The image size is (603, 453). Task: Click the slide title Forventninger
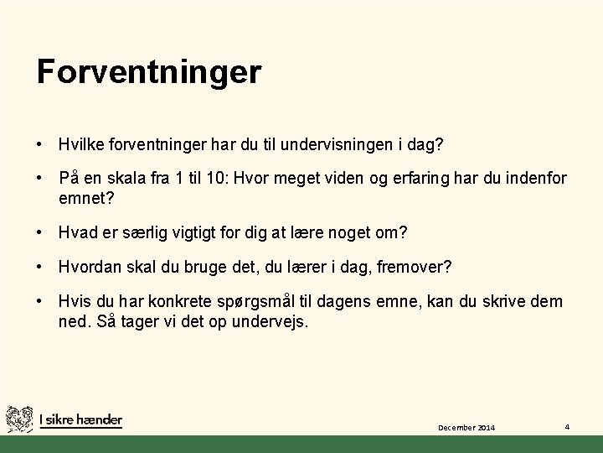pos(149,71)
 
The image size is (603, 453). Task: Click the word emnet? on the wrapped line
pos(86,199)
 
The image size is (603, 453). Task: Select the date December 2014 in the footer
pos(466,428)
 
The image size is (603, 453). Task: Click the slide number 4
pos(567,426)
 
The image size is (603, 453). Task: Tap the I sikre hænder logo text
pos(80,419)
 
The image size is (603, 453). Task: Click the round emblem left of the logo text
pos(19,419)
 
